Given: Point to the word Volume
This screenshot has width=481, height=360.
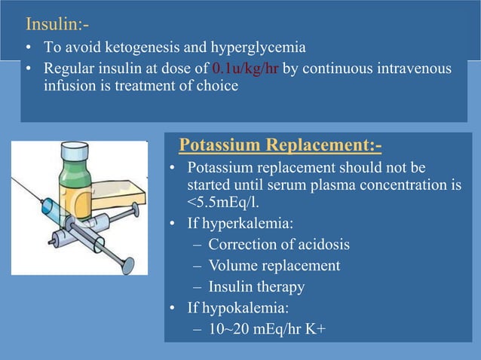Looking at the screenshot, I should tap(233, 265).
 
